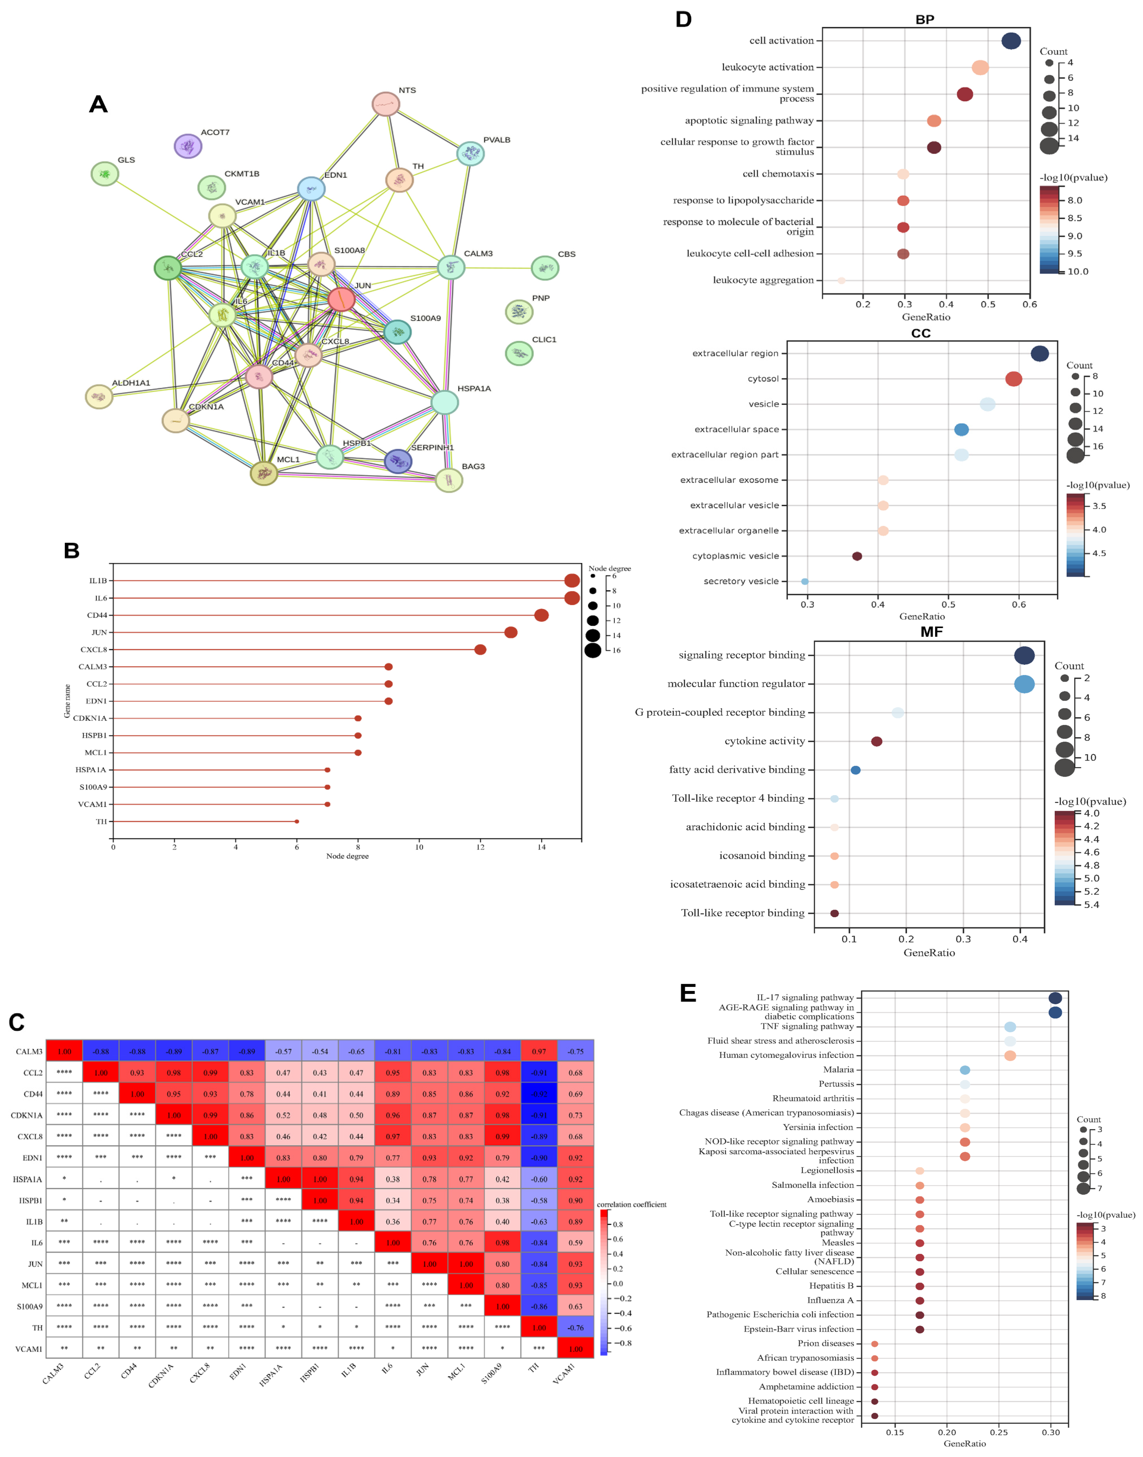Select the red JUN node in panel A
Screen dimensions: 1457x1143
(x=341, y=299)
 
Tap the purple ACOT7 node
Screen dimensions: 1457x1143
(x=188, y=146)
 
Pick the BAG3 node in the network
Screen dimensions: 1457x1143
(x=449, y=480)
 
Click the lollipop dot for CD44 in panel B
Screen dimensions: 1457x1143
(x=541, y=615)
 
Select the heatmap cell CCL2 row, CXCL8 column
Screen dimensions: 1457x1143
(x=210, y=1073)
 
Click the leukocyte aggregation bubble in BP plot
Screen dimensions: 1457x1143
(x=841, y=281)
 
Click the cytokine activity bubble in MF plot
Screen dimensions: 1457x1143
(x=877, y=741)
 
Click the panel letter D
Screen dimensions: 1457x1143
(x=683, y=19)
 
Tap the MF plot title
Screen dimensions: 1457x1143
(x=932, y=632)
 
